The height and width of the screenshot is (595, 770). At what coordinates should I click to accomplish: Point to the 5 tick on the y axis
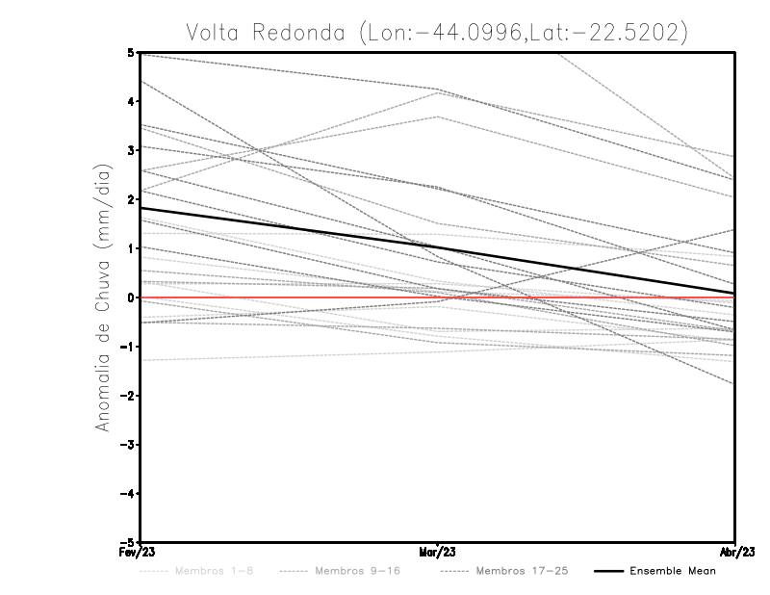[x=131, y=52]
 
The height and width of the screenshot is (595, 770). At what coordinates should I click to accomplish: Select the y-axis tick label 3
[x=131, y=150]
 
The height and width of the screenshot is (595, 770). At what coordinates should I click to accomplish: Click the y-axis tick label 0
[x=131, y=297]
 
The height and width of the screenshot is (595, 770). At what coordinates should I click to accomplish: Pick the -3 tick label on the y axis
[x=128, y=445]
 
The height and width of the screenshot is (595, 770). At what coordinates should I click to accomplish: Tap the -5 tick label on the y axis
[x=128, y=543]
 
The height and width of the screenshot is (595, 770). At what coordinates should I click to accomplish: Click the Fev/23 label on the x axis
[x=141, y=553]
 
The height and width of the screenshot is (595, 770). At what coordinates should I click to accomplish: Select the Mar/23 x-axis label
[x=438, y=553]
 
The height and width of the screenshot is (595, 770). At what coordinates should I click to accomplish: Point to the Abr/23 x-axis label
[x=735, y=553]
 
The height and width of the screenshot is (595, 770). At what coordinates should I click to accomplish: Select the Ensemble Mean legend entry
[x=672, y=571]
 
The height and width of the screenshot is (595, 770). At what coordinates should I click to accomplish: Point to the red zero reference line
[x=577, y=297]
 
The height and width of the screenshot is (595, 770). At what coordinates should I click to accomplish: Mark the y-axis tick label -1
[x=128, y=347]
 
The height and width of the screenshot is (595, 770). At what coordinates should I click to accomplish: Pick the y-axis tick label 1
[x=131, y=248]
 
